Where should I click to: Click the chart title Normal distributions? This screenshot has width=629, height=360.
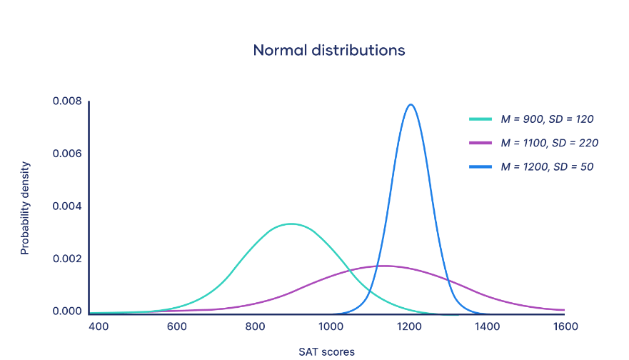pyautogui.click(x=329, y=51)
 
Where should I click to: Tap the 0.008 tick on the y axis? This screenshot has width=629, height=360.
pyautogui.click(x=67, y=101)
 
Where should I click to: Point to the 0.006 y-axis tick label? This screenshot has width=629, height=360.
pyautogui.click(x=67, y=154)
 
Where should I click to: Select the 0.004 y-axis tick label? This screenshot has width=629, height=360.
pyautogui.click(x=67, y=206)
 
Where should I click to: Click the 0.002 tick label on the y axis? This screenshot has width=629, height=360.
pyautogui.click(x=67, y=259)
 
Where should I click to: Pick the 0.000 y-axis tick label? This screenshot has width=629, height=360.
pyautogui.click(x=67, y=311)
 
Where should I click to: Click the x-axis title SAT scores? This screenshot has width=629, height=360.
pyautogui.click(x=326, y=351)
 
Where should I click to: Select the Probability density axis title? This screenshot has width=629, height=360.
pyautogui.click(x=25, y=208)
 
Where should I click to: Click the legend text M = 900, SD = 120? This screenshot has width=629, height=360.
pyautogui.click(x=547, y=119)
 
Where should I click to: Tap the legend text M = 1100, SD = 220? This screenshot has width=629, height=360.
pyautogui.click(x=549, y=143)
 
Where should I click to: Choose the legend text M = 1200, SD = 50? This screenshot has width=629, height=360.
pyautogui.click(x=547, y=166)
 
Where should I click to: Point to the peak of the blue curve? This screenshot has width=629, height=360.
pyautogui.click(x=411, y=104)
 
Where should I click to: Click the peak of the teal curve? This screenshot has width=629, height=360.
pyautogui.click(x=290, y=224)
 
